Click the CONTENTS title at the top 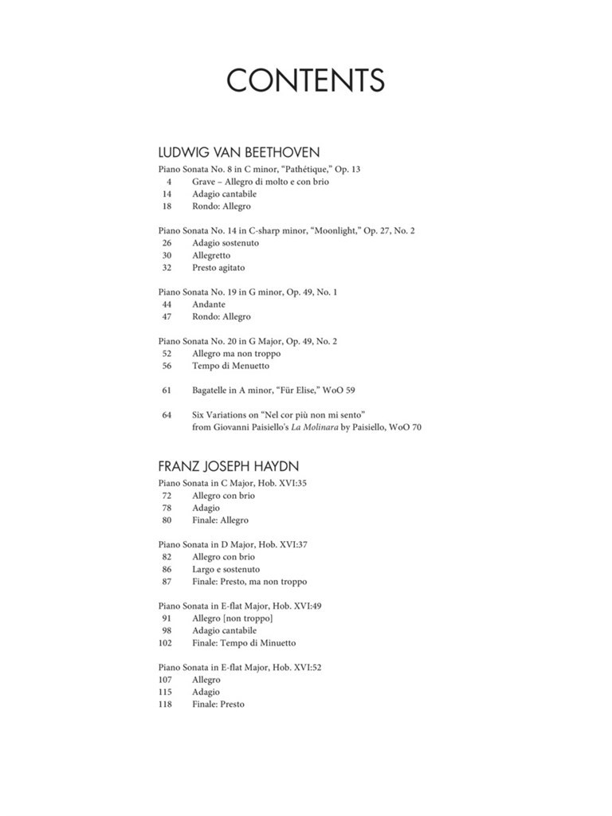click(305, 80)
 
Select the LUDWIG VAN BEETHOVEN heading click(227, 152)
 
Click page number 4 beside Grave click(169, 182)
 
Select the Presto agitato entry click(218, 268)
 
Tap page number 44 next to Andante click(167, 304)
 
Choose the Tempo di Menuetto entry click(230, 366)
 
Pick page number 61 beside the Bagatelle click(167, 390)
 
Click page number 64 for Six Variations click(167, 415)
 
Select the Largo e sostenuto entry click(226, 570)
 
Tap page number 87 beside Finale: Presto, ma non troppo click(167, 582)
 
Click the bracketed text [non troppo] click(248, 618)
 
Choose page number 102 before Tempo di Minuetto click(166, 643)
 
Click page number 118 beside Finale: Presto click(166, 704)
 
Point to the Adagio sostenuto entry click(226, 243)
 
